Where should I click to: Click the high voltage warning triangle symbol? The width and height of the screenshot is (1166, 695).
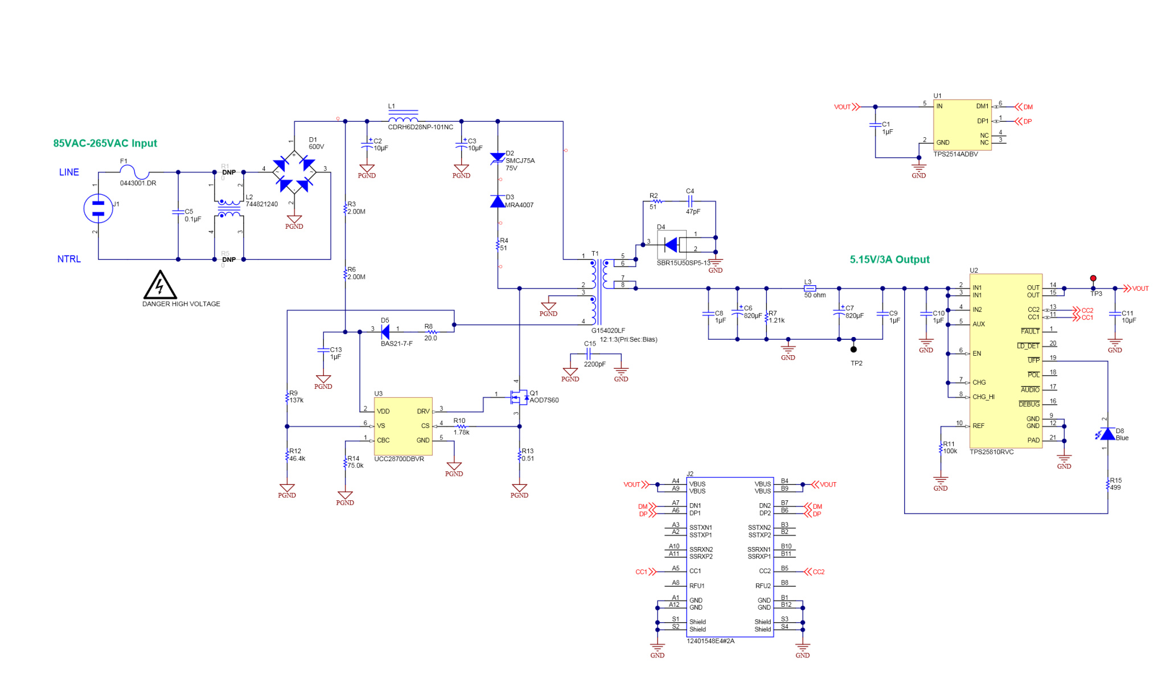[160, 285]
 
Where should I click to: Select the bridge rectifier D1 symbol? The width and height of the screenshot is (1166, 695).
[294, 172]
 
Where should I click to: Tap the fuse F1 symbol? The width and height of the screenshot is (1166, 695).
[135, 171]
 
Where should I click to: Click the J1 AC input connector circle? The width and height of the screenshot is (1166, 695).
[98, 208]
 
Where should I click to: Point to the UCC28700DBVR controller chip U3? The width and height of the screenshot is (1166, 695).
[403, 426]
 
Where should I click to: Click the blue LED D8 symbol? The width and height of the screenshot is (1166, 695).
[1107, 434]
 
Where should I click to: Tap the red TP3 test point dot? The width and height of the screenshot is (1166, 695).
[1093, 278]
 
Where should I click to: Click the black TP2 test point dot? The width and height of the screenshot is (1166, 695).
[853, 349]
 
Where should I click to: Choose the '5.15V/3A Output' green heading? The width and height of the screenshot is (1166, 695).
[889, 260]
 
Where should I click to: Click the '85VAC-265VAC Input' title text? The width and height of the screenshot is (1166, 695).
[105, 143]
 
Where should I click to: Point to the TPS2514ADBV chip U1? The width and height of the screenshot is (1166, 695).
[962, 125]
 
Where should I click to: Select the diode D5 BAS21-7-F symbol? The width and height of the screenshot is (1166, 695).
[385, 332]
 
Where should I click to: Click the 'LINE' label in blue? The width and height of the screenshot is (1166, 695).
[69, 172]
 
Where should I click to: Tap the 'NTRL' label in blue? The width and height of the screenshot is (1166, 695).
[69, 259]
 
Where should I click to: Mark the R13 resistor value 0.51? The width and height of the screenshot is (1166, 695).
[528, 459]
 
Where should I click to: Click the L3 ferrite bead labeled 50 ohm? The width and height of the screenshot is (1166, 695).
[810, 289]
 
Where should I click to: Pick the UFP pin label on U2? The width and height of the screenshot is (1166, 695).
[1033, 360]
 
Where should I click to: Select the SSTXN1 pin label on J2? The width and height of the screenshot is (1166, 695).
[700, 528]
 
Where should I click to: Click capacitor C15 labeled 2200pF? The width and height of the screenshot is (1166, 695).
[589, 353]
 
